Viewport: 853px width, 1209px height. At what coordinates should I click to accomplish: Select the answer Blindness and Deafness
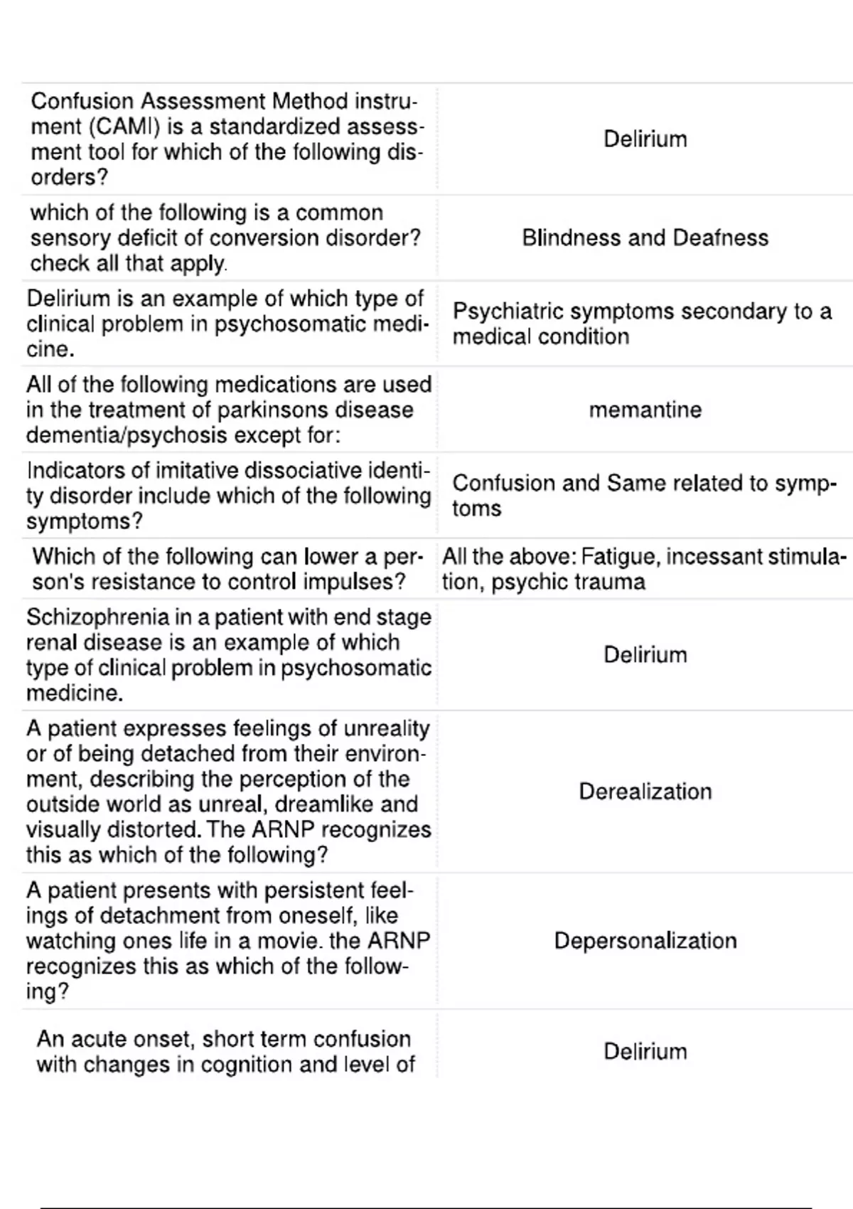[645, 238]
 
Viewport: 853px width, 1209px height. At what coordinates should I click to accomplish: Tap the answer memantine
[645, 410]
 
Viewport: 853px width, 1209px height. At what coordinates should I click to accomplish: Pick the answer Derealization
[645, 792]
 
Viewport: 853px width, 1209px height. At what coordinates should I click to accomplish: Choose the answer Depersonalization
[645, 941]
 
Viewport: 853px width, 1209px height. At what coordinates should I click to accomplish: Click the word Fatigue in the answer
[616, 556]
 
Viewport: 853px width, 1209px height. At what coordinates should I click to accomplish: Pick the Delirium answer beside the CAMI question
[645, 139]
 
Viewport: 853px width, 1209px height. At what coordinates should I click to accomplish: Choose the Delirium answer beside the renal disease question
[645, 654]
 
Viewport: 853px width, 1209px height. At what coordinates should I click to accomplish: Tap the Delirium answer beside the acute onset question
[645, 1051]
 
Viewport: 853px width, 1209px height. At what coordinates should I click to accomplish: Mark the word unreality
[387, 729]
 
